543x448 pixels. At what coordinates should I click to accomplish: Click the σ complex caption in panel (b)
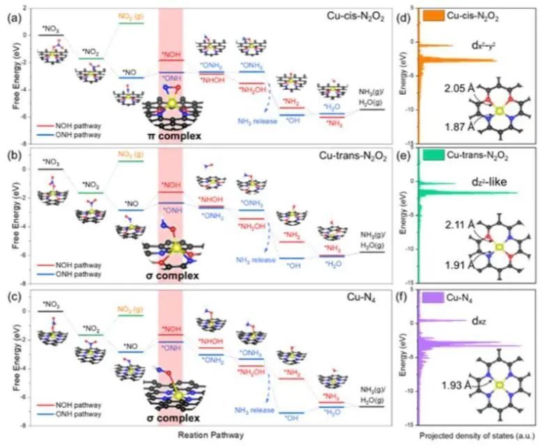(170, 277)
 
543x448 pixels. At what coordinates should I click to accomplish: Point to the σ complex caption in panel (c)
(171, 418)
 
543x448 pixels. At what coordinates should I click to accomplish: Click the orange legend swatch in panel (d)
(436, 14)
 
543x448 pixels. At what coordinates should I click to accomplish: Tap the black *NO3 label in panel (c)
(51, 304)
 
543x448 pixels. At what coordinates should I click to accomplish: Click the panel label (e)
(404, 154)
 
